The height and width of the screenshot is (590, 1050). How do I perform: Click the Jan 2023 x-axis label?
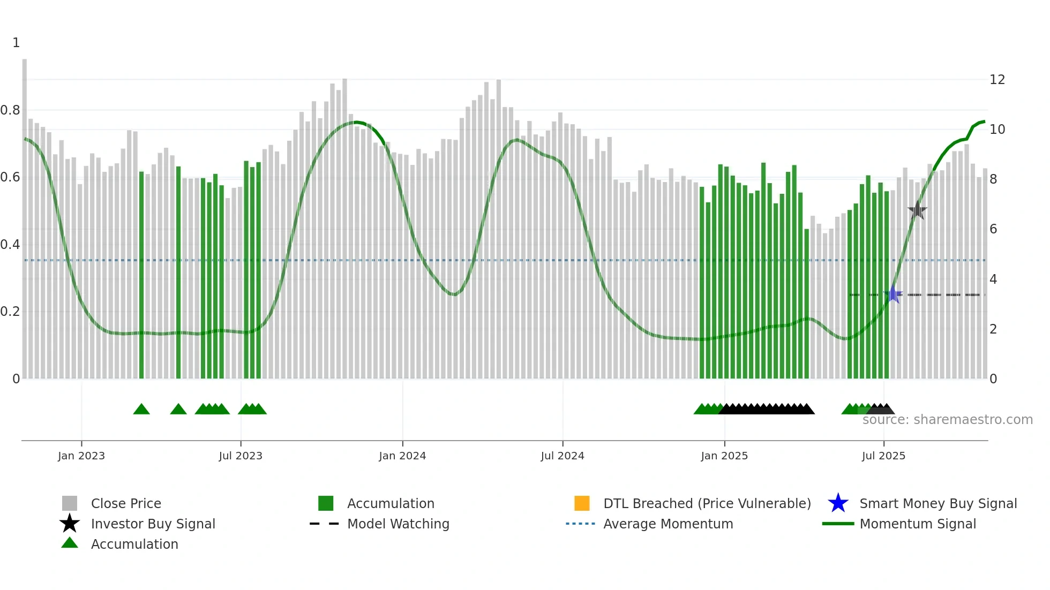pyautogui.click(x=81, y=456)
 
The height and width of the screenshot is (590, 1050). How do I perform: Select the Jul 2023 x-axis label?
pyautogui.click(x=241, y=456)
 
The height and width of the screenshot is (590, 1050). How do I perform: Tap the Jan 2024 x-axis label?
pyautogui.click(x=402, y=456)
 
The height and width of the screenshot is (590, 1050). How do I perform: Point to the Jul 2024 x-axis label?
pyautogui.click(x=562, y=456)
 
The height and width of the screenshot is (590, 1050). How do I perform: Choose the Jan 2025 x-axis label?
pyautogui.click(x=724, y=456)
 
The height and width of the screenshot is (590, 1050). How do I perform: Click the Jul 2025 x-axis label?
pyautogui.click(x=883, y=456)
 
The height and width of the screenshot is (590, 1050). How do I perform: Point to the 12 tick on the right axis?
pyautogui.click(x=997, y=80)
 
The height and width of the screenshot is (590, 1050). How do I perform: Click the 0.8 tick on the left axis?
pyautogui.click(x=10, y=110)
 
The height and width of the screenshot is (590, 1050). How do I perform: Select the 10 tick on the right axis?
pyautogui.click(x=997, y=130)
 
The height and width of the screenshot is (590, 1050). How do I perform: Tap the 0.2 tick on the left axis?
pyautogui.click(x=10, y=312)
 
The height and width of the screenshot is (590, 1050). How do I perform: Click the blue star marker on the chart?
pyautogui.click(x=893, y=294)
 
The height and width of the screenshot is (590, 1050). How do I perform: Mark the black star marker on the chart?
pyautogui.click(x=917, y=210)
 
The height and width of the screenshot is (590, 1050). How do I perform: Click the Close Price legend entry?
pyautogui.click(x=126, y=503)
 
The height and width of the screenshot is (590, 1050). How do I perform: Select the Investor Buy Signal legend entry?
pyautogui.click(x=153, y=524)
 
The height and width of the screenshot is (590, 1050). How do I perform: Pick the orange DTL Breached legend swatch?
pyautogui.click(x=582, y=503)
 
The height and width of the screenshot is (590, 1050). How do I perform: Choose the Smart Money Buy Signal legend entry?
pyautogui.click(x=938, y=503)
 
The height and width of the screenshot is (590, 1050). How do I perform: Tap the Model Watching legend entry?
pyautogui.click(x=398, y=524)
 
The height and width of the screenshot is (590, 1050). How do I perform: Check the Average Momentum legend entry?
pyautogui.click(x=668, y=524)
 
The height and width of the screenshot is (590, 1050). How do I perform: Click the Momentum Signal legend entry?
pyautogui.click(x=918, y=524)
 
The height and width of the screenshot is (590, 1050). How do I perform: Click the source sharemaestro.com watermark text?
pyautogui.click(x=947, y=420)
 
